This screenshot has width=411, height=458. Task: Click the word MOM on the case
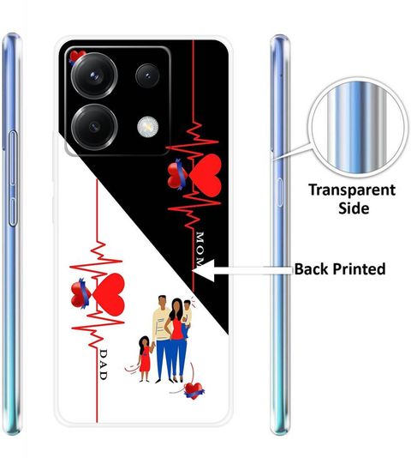200,249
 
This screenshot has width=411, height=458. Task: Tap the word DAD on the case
104,365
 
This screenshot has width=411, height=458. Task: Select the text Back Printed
340,269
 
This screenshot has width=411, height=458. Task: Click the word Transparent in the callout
352,190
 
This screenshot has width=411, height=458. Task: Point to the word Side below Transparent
354,208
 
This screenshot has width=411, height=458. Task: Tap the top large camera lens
94,75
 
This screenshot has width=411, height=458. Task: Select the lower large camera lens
94,127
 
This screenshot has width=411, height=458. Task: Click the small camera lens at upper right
147,76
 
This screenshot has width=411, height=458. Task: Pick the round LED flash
148,127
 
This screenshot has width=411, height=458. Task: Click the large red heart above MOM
205,175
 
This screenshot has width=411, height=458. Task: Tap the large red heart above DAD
109,294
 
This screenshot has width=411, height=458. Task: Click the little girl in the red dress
145,359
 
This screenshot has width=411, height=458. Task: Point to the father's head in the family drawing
163,302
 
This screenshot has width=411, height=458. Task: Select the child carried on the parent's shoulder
186,318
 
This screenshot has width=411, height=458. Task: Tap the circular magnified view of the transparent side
358,127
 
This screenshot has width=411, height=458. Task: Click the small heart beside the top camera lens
76,57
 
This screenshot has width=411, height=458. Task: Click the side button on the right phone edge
279,192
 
